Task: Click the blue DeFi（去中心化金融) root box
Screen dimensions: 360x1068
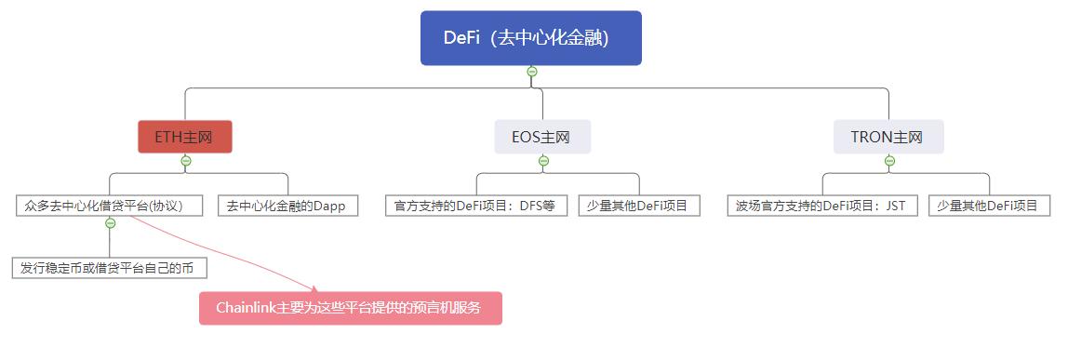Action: (x=530, y=38)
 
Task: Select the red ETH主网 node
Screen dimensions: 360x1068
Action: (x=184, y=137)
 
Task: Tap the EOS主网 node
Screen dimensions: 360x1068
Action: (x=541, y=137)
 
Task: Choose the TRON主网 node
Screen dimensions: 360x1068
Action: (x=888, y=137)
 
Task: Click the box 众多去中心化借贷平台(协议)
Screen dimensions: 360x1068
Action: (x=110, y=206)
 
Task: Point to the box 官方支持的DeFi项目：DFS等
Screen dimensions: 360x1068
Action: (x=475, y=206)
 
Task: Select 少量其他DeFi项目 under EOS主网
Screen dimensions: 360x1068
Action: (x=638, y=206)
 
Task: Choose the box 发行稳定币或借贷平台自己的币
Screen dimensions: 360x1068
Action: (x=110, y=268)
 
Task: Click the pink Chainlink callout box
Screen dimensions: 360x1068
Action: (x=351, y=308)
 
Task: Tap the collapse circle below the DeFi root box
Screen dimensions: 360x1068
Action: (x=531, y=72)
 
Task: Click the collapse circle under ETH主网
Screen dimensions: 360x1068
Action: (x=185, y=161)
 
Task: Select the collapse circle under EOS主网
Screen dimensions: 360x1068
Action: (x=543, y=161)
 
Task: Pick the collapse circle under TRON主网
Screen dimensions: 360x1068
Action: (x=889, y=161)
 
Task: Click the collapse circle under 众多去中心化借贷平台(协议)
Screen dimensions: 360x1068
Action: (x=111, y=223)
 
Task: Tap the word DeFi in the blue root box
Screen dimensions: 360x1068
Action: (x=461, y=38)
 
